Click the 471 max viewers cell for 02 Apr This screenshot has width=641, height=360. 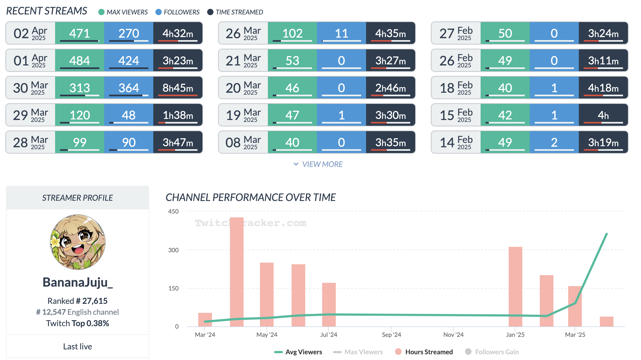[79, 33]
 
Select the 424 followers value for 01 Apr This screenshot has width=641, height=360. [128, 61]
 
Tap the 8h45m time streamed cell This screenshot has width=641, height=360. [178, 88]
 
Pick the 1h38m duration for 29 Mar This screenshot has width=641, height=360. [178, 115]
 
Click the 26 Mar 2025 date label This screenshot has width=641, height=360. [243, 33]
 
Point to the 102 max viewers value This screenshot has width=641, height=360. [292, 33]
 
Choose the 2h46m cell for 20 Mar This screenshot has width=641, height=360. [390, 88]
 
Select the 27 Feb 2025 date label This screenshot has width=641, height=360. [456, 33]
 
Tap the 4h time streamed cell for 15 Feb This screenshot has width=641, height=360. [603, 115]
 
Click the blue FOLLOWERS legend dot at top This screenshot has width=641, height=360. [158, 12]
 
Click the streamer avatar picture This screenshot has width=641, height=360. [78, 242]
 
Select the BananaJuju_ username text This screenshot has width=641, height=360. [78, 282]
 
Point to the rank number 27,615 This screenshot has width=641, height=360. [95, 301]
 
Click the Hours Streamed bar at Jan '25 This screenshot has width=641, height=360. [515, 286]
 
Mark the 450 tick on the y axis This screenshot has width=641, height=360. [173, 211]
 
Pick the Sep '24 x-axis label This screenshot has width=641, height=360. [391, 335]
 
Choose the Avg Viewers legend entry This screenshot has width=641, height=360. [298, 352]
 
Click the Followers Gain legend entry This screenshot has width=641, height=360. [492, 352]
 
